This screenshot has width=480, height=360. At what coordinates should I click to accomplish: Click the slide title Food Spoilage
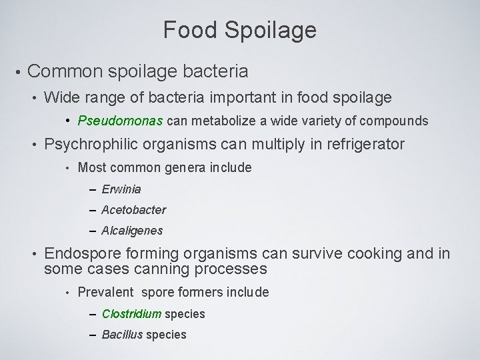pos(240,30)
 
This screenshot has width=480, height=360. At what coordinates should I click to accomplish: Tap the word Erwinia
pos(121,189)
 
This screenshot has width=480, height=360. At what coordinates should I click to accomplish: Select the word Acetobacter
pos(134,210)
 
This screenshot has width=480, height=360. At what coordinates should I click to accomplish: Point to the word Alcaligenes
pos(132,231)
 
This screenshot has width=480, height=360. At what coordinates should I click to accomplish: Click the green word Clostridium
pos(132,313)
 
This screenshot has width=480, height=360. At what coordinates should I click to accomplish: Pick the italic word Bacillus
pos(121,334)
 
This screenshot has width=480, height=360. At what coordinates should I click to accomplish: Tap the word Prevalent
pos(105,292)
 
